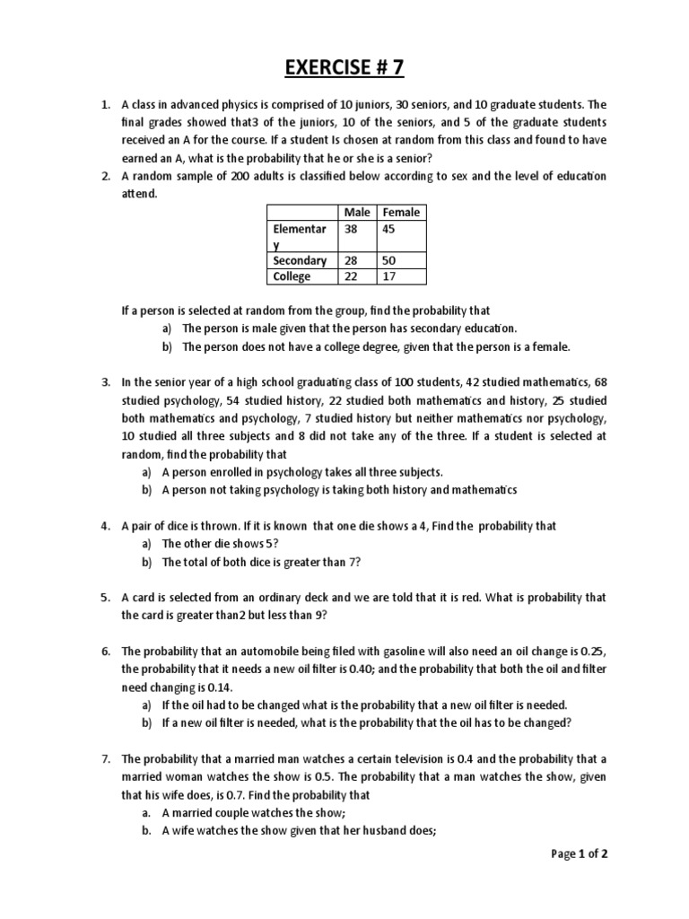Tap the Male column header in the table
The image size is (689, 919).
[x=356, y=213]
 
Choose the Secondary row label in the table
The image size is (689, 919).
[x=300, y=261]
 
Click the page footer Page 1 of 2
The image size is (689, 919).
[x=580, y=853]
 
